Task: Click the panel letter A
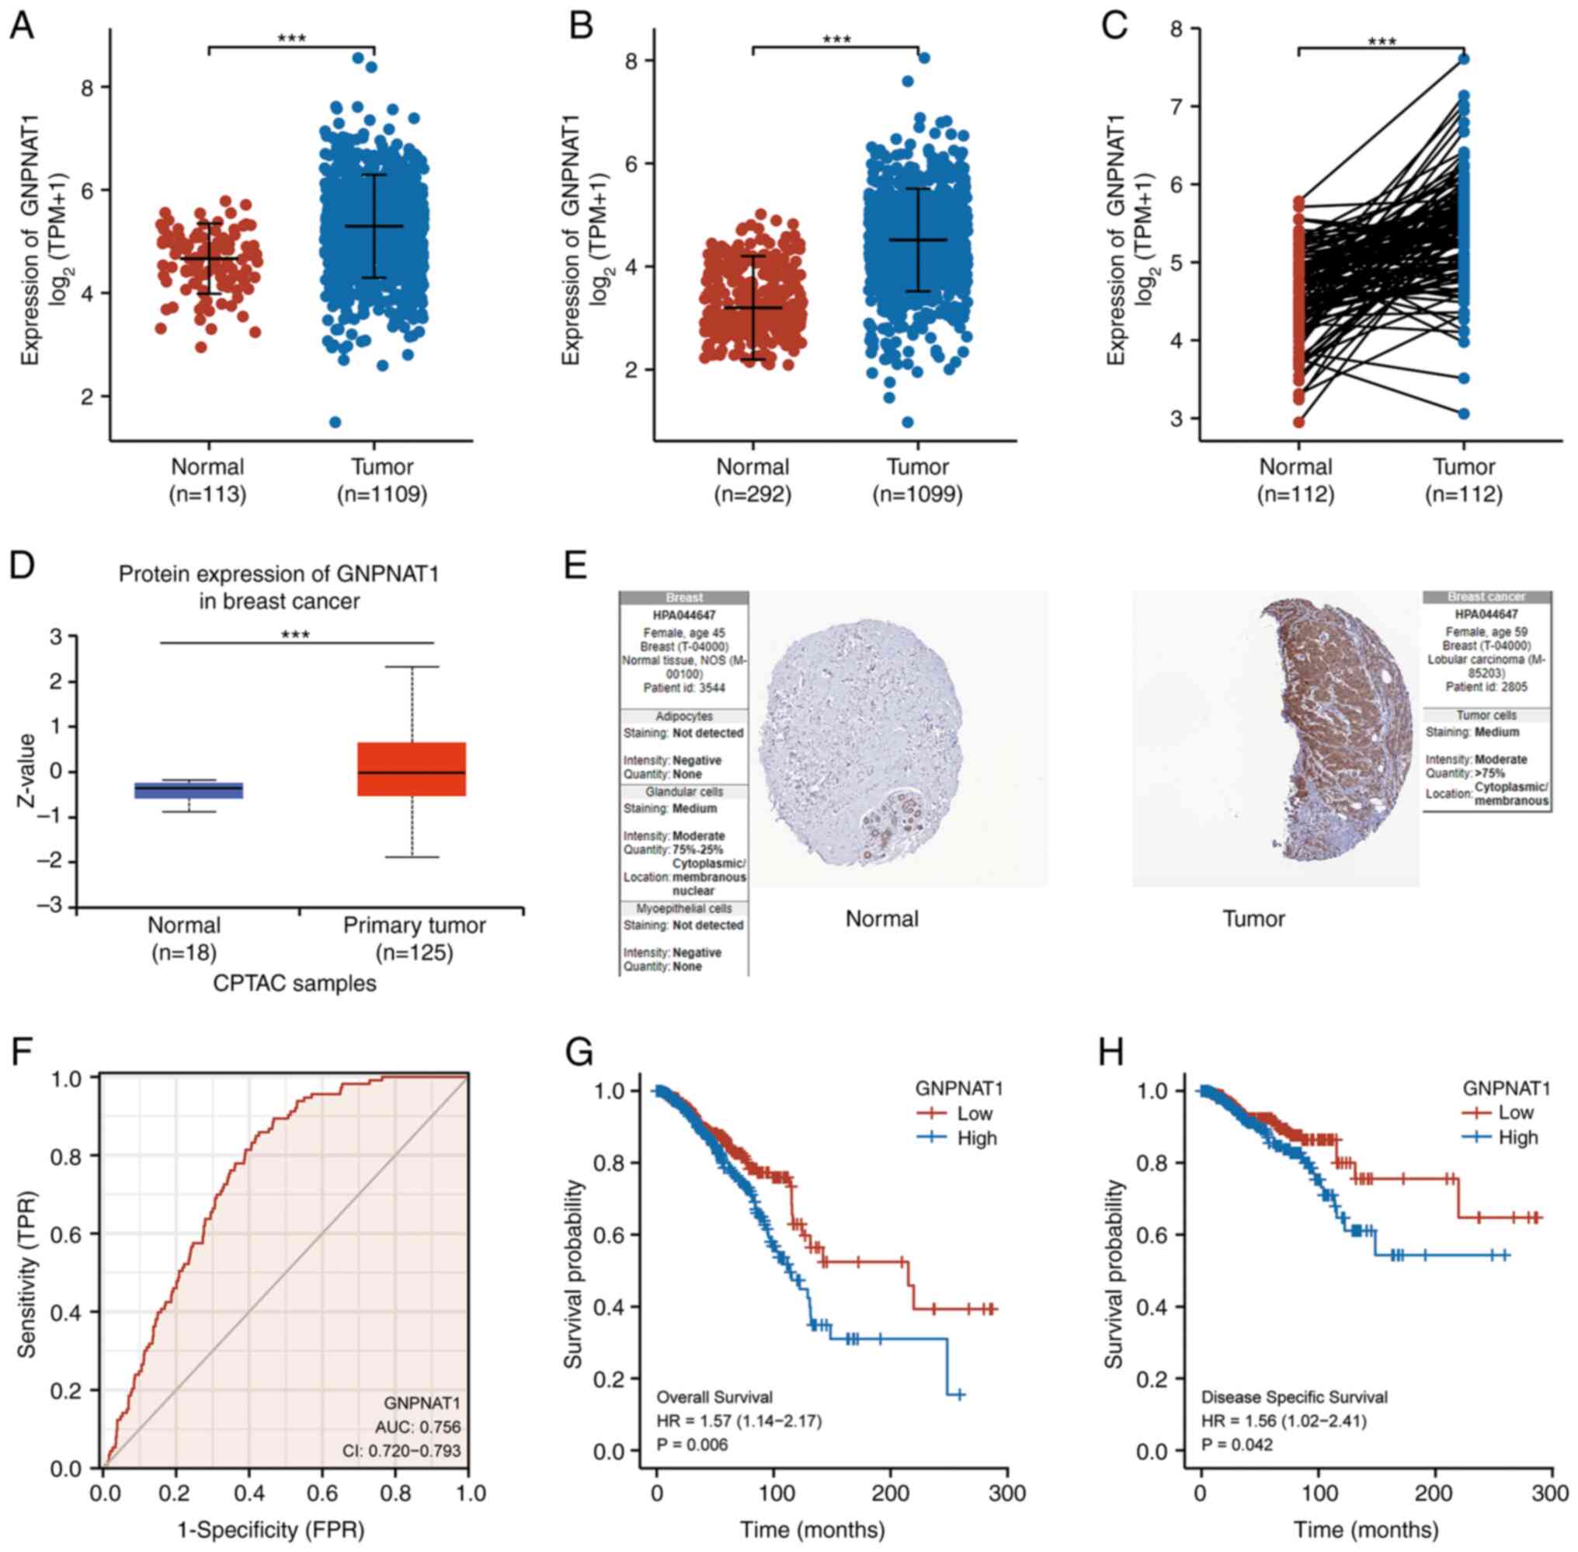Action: click(x=21, y=26)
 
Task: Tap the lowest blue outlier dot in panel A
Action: click(x=335, y=422)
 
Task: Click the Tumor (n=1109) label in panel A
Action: click(x=382, y=480)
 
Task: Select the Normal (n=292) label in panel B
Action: click(x=753, y=480)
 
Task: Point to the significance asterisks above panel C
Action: click(x=1382, y=41)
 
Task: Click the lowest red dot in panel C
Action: click(x=1298, y=421)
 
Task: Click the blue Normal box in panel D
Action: click(x=189, y=790)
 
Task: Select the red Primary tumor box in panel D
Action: click(x=412, y=769)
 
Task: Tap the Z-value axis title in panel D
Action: click(x=27, y=771)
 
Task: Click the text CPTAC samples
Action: click(x=295, y=984)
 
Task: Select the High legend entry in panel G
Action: click(x=976, y=1138)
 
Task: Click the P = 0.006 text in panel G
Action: click(x=693, y=1445)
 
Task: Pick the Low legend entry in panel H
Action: click(x=1515, y=1113)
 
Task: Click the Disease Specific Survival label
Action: click(x=1294, y=1397)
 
